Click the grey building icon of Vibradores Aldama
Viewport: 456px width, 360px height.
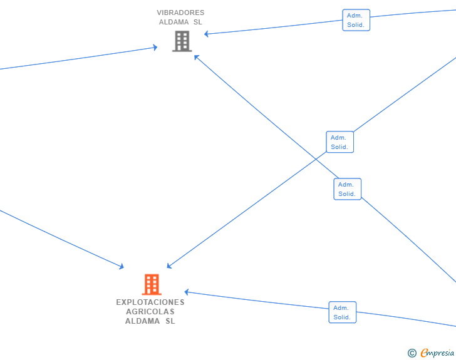pyautogui.click(x=182, y=41)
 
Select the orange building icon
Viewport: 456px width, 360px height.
pyautogui.click(x=151, y=284)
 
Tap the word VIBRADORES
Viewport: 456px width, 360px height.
pyautogui.click(x=180, y=13)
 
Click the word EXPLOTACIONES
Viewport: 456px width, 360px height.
pyautogui.click(x=150, y=302)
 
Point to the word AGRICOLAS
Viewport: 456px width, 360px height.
pyautogui.click(x=150, y=311)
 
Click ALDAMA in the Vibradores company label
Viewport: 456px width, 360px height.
pyautogui.click(x=174, y=22)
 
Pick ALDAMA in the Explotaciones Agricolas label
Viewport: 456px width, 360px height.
pyautogui.click(x=142, y=321)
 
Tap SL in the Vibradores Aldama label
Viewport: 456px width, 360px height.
pyautogui.click(x=198, y=22)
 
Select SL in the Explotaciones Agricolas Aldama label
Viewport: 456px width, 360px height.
pyautogui.click(x=170, y=321)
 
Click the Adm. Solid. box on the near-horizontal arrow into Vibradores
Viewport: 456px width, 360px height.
pyautogui.click(x=356, y=20)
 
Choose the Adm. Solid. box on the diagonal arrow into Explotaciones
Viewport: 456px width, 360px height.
pyautogui.click(x=339, y=141)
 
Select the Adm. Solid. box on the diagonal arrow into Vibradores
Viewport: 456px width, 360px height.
pyautogui.click(x=347, y=189)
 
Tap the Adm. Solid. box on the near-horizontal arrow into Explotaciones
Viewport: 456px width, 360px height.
pyautogui.click(x=342, y=312)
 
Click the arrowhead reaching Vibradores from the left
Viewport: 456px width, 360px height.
pyautogui.click(x=155, y=47)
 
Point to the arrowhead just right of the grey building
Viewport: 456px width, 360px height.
pyautogui.click(x=207, y=34)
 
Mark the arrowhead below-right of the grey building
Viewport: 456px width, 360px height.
pyautogui.click(x=196, y=56)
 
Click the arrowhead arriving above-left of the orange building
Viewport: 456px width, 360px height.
pyautogui.click(x=122, y=267)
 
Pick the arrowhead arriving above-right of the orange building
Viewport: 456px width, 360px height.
pyautogui.click(x=169, y=267)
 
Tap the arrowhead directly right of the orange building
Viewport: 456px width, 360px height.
pyautogui.click(x=187, y=292)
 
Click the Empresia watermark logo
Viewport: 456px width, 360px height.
pyautogui.click(x=432, y=353)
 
